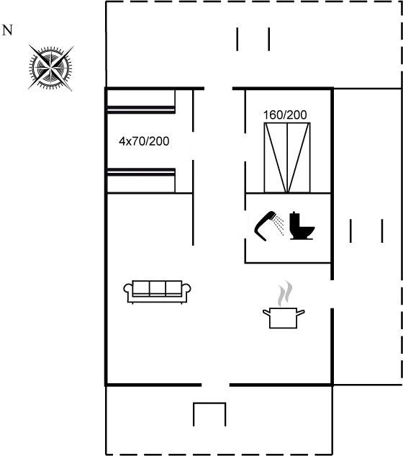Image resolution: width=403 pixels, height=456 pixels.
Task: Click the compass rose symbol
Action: [x=50, y=68]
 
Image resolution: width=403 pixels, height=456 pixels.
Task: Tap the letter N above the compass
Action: [x=7, y=30]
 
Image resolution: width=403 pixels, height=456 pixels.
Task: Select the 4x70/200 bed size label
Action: [x=144, y=141]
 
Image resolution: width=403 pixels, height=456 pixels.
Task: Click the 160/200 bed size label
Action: [x=285, y=115]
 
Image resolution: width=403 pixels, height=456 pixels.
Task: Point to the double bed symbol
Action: [x=287, y=158]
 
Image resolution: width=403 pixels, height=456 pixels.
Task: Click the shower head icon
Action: [x=269, y=225]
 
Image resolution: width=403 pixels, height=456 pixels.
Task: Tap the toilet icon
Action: [x=302, y=225]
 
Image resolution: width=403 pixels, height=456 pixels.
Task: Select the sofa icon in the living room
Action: [x=157, y=292]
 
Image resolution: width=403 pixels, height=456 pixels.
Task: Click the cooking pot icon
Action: [x=284, y=318]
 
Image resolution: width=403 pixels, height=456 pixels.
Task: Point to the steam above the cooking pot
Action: [x=285, y=293]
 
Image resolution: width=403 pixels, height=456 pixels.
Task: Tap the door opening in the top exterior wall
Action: [x=219, y=89]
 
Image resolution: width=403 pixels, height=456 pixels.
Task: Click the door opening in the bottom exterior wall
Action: [x=216, y=385]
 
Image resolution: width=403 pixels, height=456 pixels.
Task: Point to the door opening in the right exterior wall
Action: [x=332, y=294]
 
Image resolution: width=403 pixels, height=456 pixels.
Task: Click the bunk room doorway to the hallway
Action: [x=193, y=146]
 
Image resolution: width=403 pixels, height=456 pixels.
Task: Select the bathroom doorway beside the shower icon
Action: [x=245, y=225]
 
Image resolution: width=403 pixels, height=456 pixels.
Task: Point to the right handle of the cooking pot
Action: [x=301, y=313]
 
